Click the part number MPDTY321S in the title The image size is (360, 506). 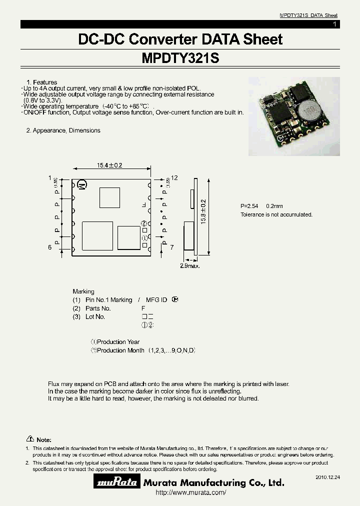click(x=180, y=58)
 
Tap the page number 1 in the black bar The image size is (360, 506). click(x=334, y=24)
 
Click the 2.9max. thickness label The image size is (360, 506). click(x=190, y=266)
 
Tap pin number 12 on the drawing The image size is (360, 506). click(x=174, y=178)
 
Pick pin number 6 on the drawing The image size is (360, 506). click(x=50, y=247)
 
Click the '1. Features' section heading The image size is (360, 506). click(x=41, y=82)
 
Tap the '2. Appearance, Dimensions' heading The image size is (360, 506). click(x=63, y=130)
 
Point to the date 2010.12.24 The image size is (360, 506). click(x=327, y=478)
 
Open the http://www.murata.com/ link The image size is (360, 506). click(x=191, y=493)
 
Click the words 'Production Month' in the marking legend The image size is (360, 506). click(x=120, y=350)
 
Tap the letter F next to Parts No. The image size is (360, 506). click(x=143, y=308)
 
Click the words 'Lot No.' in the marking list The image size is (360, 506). click(x=95, y=317)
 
